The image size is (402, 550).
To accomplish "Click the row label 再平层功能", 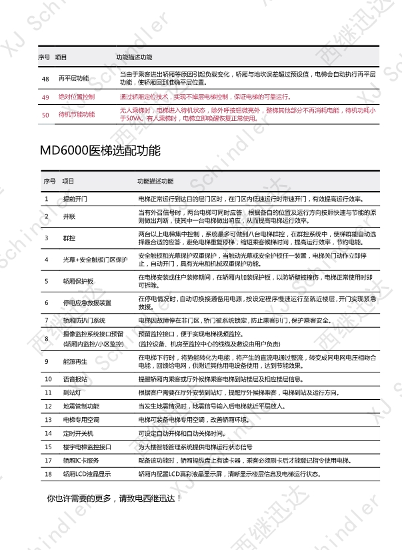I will click(73, 78).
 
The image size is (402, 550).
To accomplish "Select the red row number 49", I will click(45, 97).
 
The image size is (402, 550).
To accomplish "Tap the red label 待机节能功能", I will click(77, 114).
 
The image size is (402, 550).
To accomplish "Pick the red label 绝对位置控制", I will click(77, 97).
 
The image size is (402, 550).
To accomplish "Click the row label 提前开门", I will click(75, 199).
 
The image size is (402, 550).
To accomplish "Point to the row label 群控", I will click(69, 238).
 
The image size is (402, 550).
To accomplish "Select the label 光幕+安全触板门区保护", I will click(95, 259).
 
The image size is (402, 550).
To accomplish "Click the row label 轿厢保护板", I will click(79, 281).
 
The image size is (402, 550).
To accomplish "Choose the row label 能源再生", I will click(73, 361).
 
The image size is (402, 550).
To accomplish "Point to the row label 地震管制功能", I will click(81, 406).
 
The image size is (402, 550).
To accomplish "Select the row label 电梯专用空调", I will click(81, 420).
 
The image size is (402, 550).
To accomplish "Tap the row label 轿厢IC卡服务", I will click(81, 461).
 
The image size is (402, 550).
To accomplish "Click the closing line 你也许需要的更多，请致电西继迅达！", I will click(114, 498).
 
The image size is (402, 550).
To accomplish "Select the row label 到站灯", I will click(71, 392).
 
